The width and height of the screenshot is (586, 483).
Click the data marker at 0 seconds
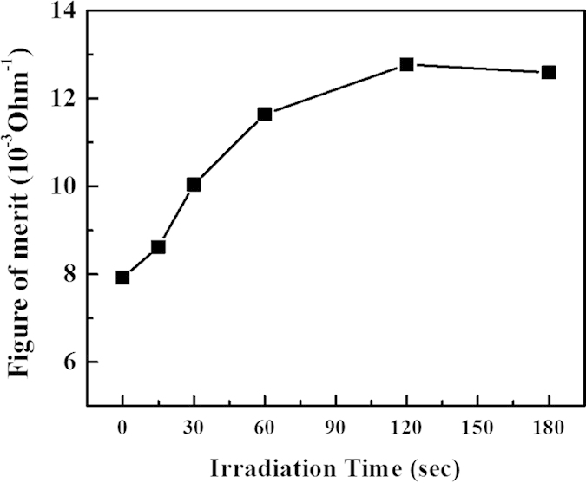click(122, 277)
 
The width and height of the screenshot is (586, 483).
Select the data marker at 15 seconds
click(158, 247)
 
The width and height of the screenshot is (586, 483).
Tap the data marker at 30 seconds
click(194, 184)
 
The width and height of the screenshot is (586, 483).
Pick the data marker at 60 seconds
click(265, 114)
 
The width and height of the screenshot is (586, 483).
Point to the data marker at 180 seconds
click(549, 72)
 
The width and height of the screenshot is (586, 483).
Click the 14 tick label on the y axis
click(65, 12)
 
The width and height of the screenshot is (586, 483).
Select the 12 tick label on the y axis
click(65, 99)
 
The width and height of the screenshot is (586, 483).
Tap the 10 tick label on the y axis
click(65, 186)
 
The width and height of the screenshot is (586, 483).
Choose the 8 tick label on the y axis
click(70, 274)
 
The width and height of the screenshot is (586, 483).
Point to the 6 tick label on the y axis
click(70, 362)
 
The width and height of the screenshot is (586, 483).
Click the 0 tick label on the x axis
click(122, 427)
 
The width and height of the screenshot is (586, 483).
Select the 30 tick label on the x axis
click(194, 427)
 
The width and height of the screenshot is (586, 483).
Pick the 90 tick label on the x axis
click(336, 427)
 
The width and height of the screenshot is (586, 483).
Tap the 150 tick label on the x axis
click(477, 427)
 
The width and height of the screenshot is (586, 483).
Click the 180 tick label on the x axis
click(549, 427)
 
